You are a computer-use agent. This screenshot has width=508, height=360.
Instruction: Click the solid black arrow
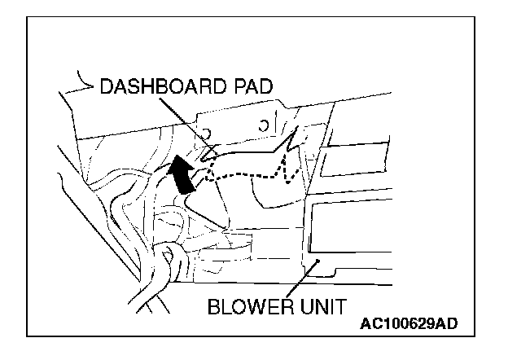(x=183, y=174)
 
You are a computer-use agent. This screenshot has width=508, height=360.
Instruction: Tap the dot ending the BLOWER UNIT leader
(x=319, y=261)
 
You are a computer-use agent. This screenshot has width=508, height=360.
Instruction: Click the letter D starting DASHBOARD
(x=107, y=87)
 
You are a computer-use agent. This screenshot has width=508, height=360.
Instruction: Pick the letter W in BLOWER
(x=259, y=308)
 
